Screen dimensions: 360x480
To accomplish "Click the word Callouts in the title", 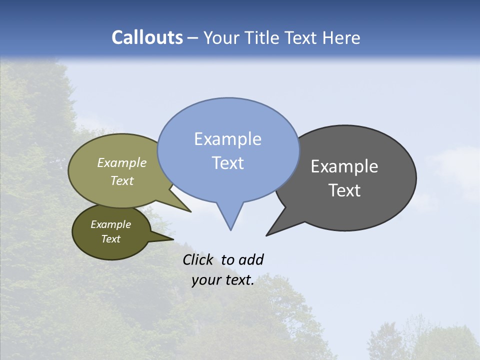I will (147, 37).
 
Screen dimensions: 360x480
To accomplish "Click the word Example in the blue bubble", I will (227, 139).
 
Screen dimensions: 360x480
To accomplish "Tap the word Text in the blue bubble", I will (227, 163).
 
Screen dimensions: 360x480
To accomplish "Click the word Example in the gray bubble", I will (344, 166).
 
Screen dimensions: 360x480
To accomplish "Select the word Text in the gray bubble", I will (344, 190).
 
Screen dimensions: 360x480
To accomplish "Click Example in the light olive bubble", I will (122, 162).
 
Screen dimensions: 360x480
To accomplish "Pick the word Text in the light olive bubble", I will (122, 180).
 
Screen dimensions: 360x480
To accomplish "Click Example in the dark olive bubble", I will (110, 224).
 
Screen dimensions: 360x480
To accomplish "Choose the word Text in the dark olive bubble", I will (110, 239).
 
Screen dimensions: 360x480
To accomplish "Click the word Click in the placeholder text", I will (198, 259).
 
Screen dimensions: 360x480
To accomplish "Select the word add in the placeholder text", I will (251, 259).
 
